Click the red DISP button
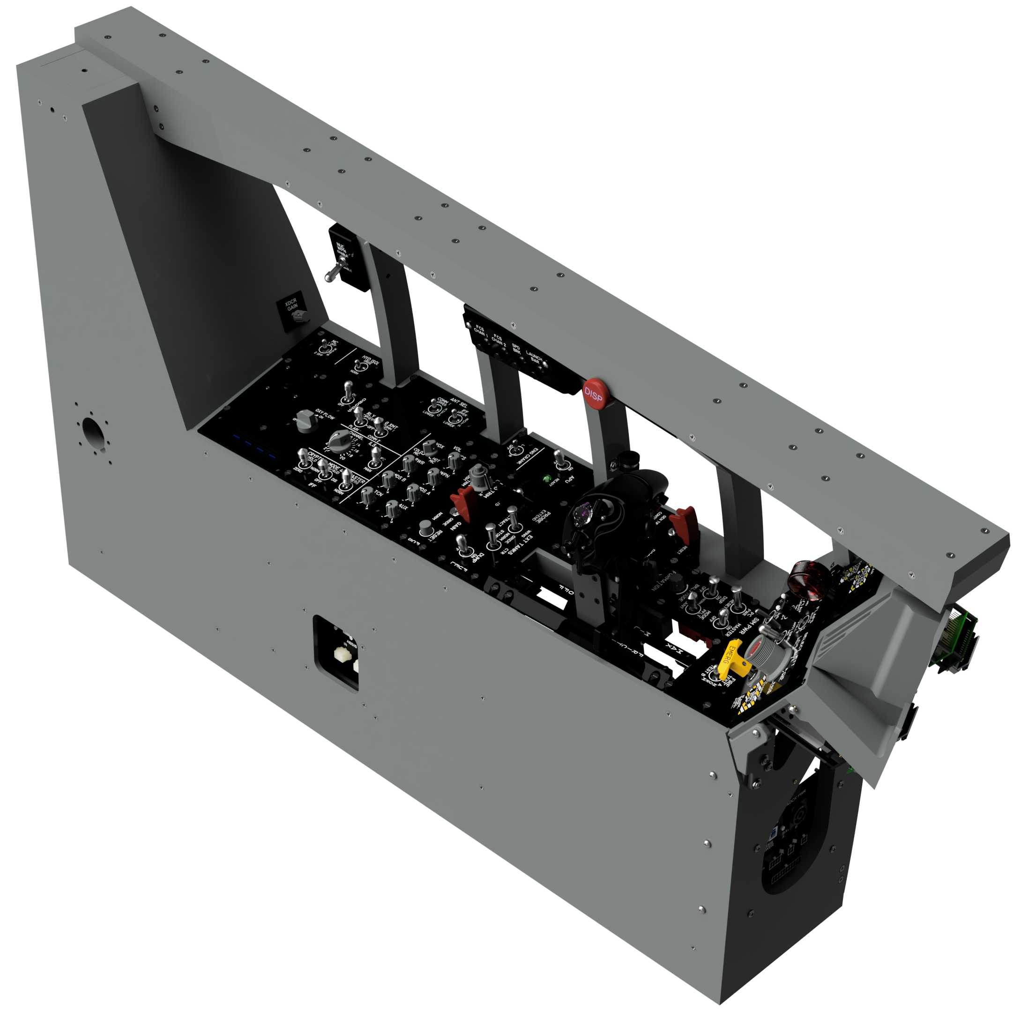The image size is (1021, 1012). (594, 393)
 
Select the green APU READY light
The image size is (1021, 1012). (547, 479)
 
